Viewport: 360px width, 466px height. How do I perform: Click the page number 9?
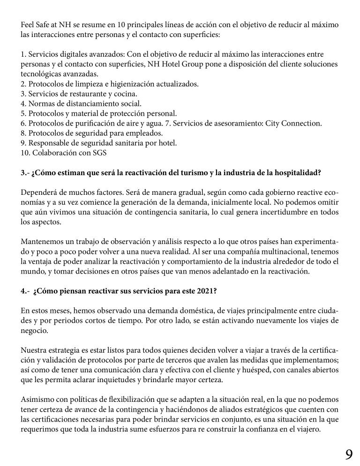click(x=349, y=454)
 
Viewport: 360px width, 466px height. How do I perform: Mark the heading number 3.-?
click(x=25, y=172)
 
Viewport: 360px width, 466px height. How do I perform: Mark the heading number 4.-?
click(x=25, y=290)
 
